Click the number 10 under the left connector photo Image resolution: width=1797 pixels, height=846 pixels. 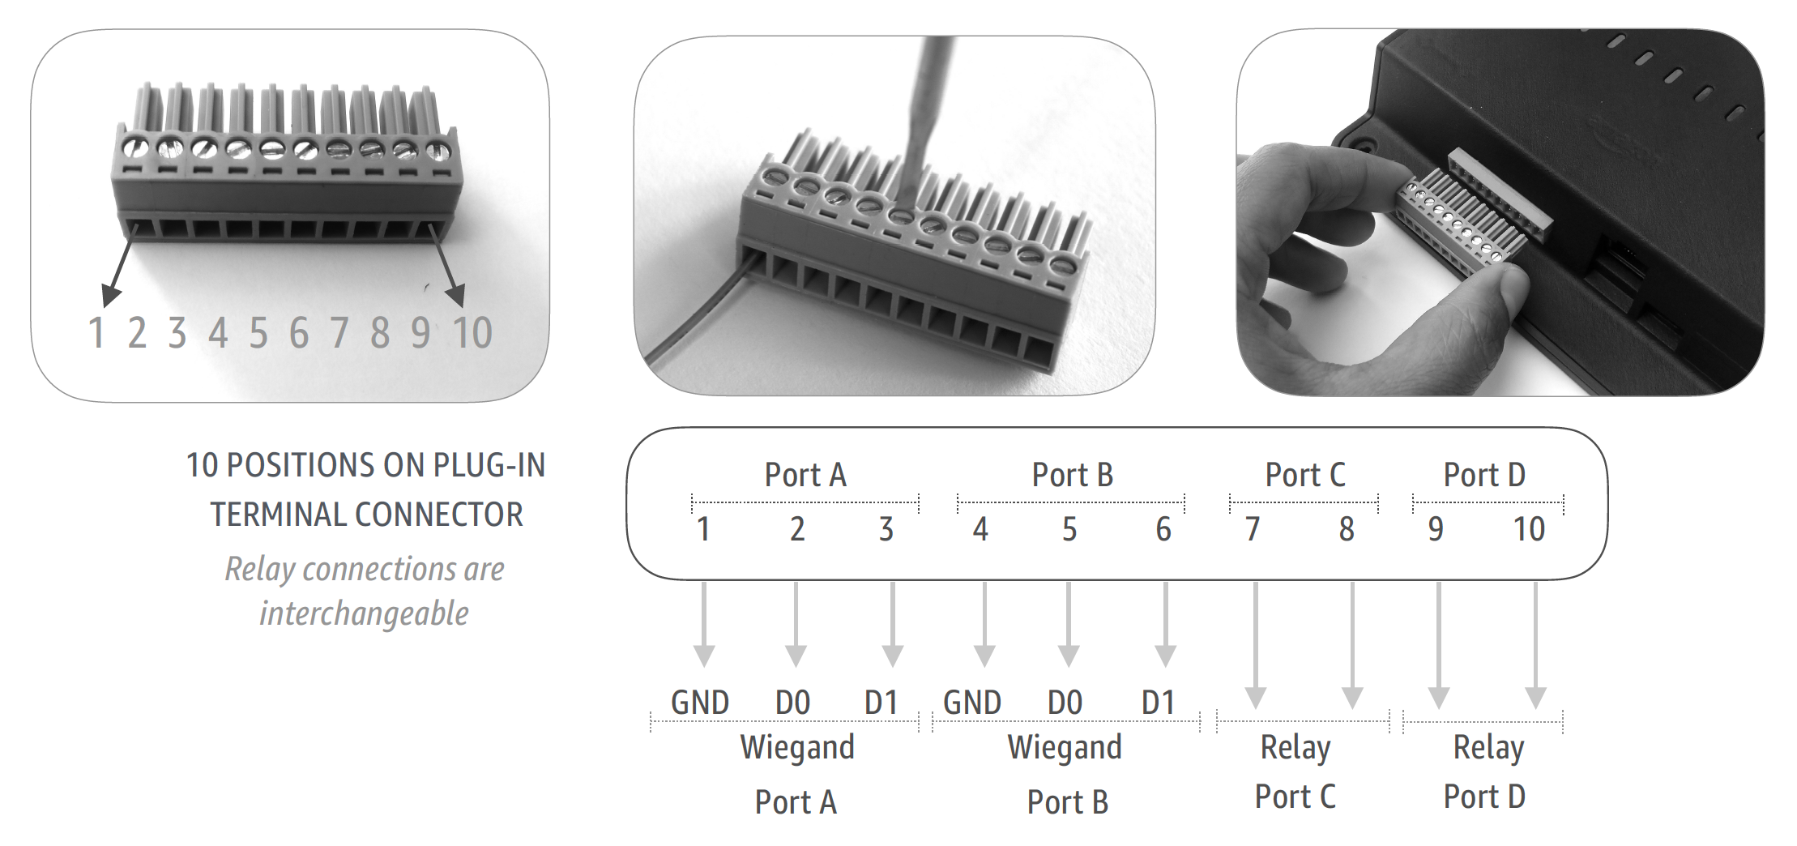coord(472,333)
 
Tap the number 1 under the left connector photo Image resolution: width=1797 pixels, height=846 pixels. coord(96,333)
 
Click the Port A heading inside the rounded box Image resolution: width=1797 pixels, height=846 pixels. coord(805,475)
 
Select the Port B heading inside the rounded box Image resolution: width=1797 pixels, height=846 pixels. coord(1072,475)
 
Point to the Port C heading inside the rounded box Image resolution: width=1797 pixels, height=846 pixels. coord(1304,475)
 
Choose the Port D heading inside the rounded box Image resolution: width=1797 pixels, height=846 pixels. coord(1484,475)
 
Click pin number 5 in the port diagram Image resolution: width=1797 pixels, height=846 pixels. coord(1069,529)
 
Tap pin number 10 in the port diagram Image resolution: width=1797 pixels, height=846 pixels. coord(1529,529)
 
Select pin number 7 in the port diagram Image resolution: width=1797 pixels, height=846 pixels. coord(1253,529)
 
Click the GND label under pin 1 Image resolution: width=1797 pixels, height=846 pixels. coord(700,703)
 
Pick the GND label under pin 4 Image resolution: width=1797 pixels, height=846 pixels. coord(972,703)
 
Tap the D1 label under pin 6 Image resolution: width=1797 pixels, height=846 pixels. coord(1158,703)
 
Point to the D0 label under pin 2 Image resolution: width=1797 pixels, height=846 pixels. coord(792,703)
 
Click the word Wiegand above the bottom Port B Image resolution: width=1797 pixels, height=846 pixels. coord(1065,748)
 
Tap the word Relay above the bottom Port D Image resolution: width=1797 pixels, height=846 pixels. coord(1488,748)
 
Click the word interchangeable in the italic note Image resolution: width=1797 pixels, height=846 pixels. coord(364,613)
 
